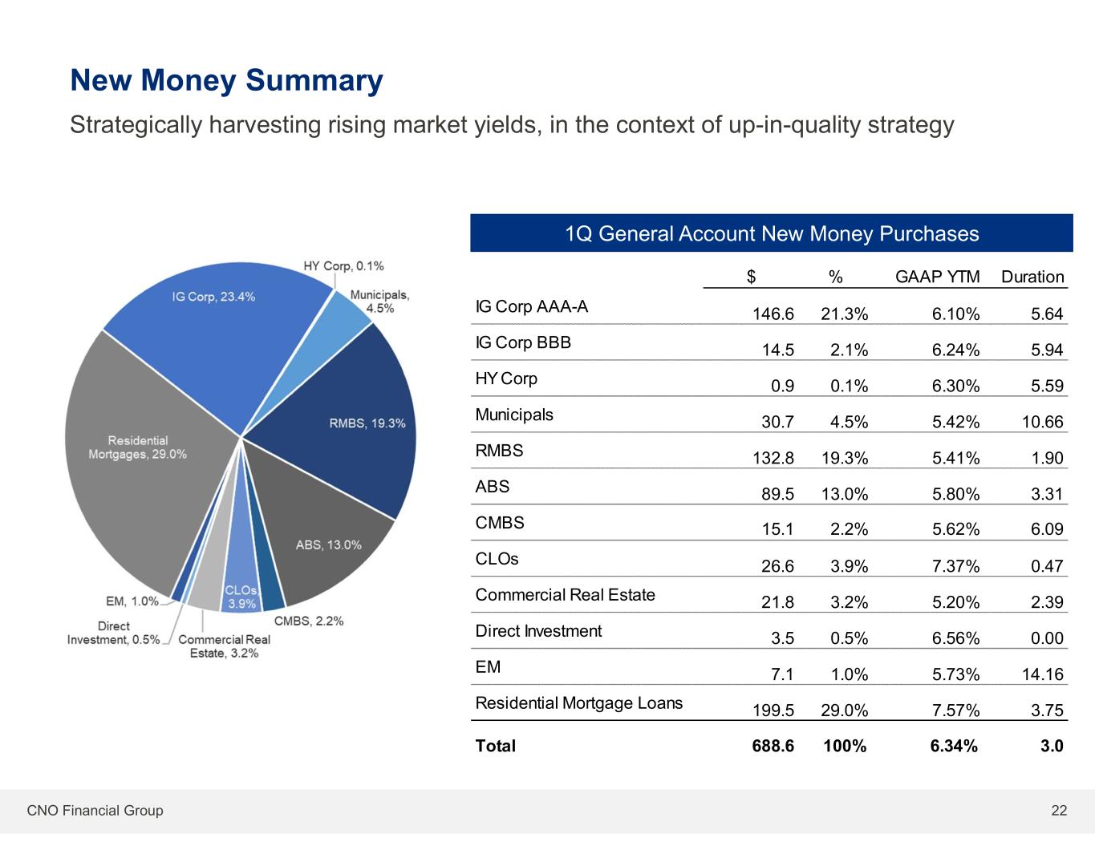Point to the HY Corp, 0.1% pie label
point(343,266)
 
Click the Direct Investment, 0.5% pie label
point(113,633)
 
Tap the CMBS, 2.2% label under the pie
point(309,621)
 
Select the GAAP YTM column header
point(937,277)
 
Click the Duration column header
point(1032,277)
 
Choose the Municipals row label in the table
point(514,415)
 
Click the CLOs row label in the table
point(497,559)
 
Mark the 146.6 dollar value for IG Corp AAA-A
point(773,314)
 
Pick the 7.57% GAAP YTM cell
point(955,710)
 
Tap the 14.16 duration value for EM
point(1042,674)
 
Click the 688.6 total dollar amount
point(773,747)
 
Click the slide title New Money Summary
point(227,81)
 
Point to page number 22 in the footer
point(1059,811)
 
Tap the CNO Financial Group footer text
point(95,811)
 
